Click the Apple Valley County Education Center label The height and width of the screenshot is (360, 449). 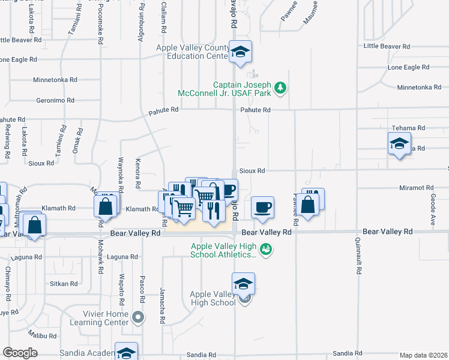tap(191, 52)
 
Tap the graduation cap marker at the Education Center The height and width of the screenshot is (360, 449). tap(240, 52)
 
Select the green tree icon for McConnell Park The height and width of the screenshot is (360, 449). tap(280, 89)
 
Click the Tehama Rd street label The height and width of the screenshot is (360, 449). tap(408, 128)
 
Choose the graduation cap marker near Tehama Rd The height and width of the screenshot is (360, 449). tap(399, 144)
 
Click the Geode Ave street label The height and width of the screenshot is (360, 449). tap(432, 209)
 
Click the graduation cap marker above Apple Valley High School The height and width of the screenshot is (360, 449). tap(243, 284)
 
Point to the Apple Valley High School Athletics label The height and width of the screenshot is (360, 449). tap(223, 250)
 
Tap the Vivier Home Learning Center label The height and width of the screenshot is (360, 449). tap(108, 318)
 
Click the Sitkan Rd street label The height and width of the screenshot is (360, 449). tap(64, 283)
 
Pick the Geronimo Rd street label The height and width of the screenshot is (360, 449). tap(55, 100)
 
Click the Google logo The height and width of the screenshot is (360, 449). tap(20, 353)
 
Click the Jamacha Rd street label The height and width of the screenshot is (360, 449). tap(163, 298)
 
